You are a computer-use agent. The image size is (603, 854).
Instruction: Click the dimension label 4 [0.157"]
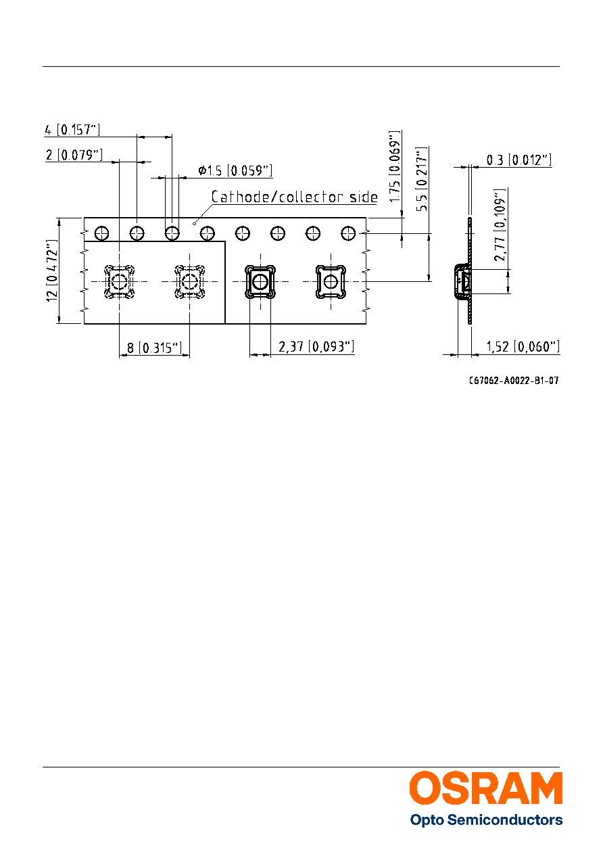(72, 130)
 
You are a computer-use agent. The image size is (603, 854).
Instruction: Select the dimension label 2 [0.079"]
(74, 155)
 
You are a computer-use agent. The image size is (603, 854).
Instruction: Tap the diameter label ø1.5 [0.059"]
(235, 170)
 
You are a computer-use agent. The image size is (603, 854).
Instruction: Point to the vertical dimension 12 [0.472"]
(52, 270)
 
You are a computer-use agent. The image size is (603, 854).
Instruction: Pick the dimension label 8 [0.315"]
(154, 348)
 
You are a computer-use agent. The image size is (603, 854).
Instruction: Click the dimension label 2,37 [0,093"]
(316, 347)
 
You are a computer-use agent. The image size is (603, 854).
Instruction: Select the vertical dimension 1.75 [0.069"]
(395, 166)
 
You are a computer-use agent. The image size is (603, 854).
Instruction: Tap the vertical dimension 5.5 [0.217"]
(422, 179)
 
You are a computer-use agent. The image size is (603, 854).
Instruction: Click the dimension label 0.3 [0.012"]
(519, 160)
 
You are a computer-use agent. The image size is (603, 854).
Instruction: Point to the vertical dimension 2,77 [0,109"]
(500, 225)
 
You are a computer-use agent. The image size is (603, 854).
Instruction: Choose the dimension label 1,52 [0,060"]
(523, 347)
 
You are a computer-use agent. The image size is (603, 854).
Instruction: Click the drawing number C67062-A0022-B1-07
(514, 381)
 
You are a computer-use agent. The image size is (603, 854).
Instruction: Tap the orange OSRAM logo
(486, 788)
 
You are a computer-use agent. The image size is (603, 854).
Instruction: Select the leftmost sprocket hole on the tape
(102, 233)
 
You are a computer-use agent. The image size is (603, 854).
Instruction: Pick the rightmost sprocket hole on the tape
(348, 233)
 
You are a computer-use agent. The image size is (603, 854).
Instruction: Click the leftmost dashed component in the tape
(119, 282)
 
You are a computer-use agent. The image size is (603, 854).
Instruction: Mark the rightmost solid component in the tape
(331, 282)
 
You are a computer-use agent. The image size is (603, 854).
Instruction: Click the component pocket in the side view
(462, 282)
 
